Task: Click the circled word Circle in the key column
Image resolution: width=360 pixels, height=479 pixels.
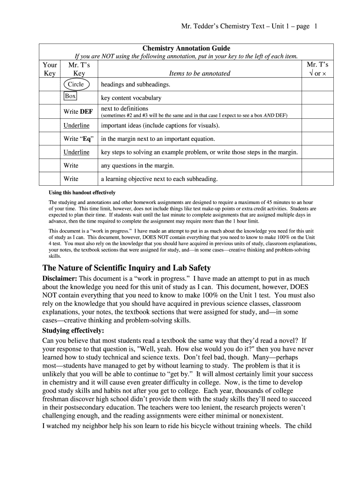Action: tap(76, 85)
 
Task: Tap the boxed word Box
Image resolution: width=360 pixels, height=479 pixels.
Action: tap(70, 96)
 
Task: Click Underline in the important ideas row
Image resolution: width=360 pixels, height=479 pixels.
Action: tap(76, 126)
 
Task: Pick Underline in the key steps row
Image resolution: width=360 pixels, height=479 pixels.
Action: tap(76, 152)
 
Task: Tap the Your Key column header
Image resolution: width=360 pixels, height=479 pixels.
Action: tap(50, 69)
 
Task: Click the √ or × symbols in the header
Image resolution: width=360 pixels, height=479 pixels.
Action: tap(317, 73)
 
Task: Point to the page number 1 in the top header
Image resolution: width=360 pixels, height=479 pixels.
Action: tap(316, 27)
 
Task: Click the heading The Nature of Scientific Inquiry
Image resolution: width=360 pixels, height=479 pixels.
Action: tap(127, 268)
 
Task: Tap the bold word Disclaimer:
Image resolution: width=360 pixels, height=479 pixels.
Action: tap(59, 279)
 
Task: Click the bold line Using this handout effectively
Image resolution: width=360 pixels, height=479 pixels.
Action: tap(82, 193)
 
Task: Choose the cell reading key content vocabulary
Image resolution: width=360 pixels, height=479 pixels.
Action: tap(131, 98)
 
